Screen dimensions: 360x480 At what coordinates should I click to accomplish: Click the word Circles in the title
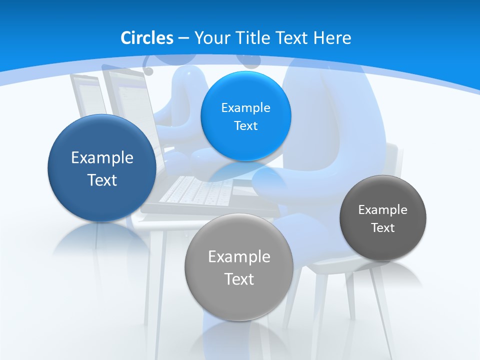(x=147, y=38)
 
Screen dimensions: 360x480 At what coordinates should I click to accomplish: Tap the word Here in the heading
(x=332, y=38)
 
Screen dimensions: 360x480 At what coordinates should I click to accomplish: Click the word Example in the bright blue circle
(x=245, y=107)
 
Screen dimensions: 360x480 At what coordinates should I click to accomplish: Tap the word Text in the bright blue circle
(x=245, y=125)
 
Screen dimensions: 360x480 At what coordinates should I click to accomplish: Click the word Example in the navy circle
(x=102, y=157)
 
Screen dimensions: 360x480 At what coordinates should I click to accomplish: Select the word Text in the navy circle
(x=102, y=180)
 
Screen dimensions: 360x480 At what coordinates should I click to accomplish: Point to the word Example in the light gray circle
(x=239, y=256)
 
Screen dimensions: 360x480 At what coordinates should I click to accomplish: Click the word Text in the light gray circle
(x=239, y=279)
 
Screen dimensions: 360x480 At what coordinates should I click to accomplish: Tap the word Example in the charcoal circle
(x=382, y=209)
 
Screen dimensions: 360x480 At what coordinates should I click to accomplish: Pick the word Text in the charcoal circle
(x=382, y=227)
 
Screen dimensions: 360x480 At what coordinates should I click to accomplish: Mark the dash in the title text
(x=182, y=38)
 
